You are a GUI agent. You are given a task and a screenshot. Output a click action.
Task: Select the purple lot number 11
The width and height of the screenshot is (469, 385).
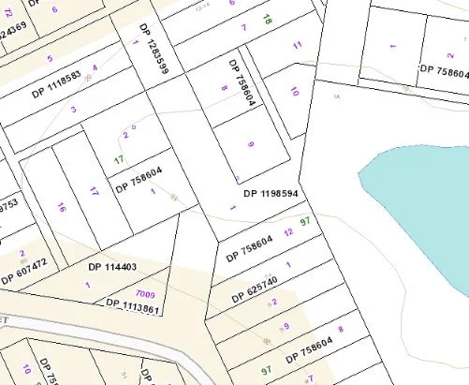coord(298,45)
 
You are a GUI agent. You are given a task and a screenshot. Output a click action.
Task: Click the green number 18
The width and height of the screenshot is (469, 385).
coord(268,19)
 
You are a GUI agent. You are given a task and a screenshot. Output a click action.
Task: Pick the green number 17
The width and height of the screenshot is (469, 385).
coord(119,160)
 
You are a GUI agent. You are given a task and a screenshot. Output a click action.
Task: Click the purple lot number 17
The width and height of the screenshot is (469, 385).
coord(94,192)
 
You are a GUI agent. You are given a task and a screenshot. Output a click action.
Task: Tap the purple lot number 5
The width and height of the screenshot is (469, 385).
coord(51,59)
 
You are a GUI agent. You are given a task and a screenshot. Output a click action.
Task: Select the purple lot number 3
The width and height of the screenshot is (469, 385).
coord(73,110)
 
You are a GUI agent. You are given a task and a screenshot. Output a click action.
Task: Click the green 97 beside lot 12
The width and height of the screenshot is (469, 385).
coord(304,222)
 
